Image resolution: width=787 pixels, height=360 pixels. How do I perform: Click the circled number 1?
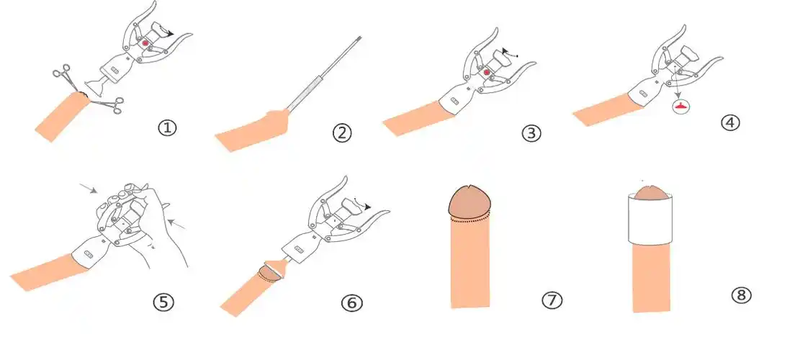pyautogui.click(x=167, y=128)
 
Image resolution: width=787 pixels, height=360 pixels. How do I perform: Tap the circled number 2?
pyautogui.click(x=341, y=132)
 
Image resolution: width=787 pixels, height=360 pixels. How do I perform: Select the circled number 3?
pyautogui.click(x=531, y=132)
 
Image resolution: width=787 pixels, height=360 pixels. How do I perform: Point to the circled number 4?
pyautogui.click(x=730, y=122)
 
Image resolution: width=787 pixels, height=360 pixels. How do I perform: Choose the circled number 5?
pyautogui.click(x=163, y=302)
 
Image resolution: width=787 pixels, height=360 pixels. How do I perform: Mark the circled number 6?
pyautogui.click(x=351, y=303)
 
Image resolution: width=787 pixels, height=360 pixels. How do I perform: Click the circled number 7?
pyautogui.click(x=551, y=300)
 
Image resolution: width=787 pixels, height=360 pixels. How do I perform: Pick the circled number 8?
pyautogui.click(x=741, y=294)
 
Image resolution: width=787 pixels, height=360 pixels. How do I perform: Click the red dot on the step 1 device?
pyautogui.click(x=145, y=45)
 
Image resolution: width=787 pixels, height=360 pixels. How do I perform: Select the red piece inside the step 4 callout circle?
pyautogui.click(x=679, y=107)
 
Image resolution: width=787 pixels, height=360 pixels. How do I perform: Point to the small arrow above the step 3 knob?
pyautogui.click(x=511, y=50)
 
